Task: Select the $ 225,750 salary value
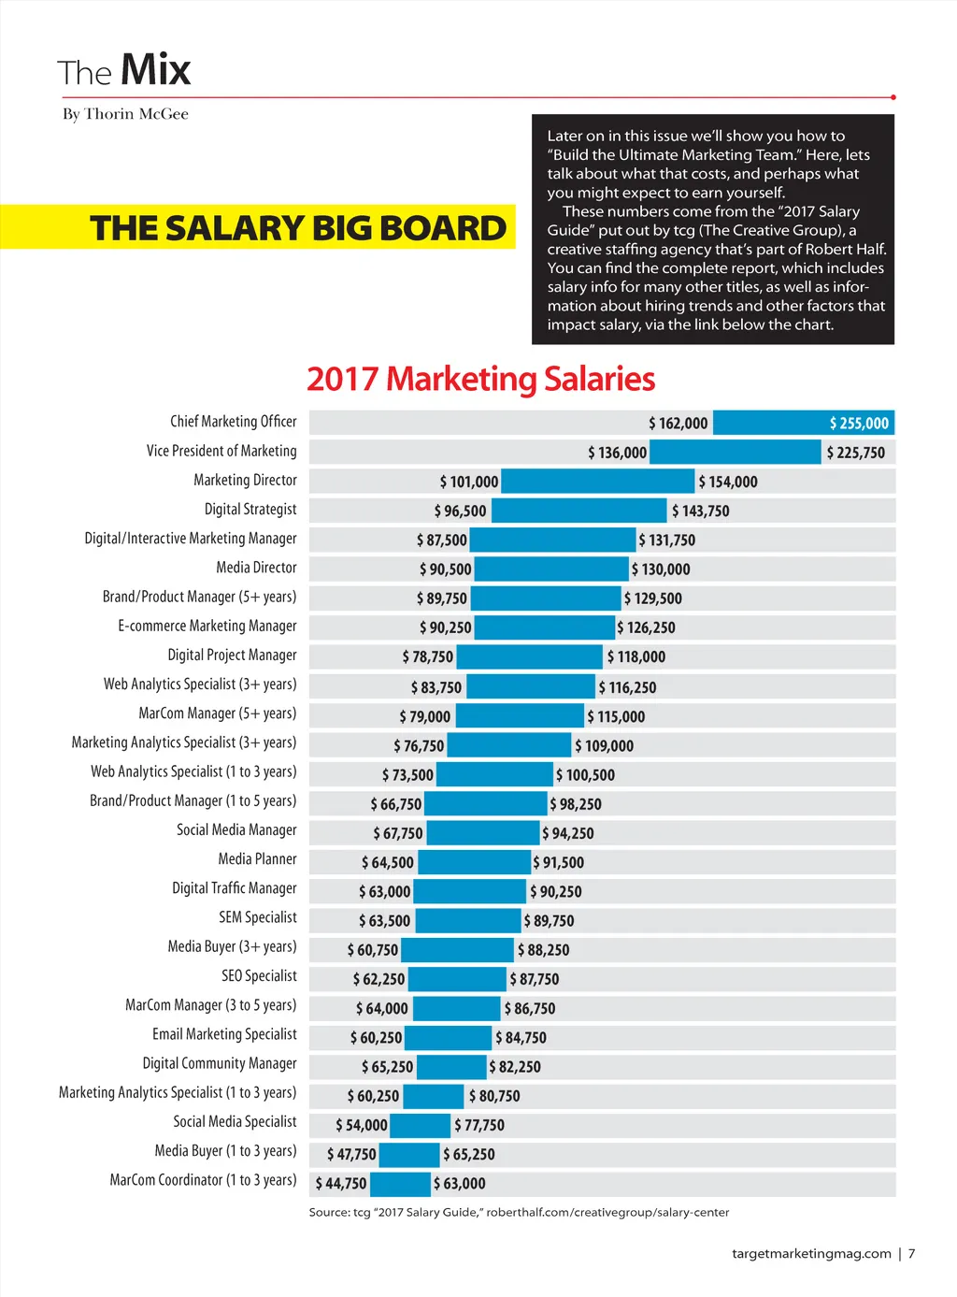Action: [x=855, y=453]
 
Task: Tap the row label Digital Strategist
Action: [x=250, y=509]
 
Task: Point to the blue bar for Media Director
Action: [x=551, y=569]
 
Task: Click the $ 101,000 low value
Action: [x=469, y=482]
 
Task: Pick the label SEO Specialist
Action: [x=259, y=975]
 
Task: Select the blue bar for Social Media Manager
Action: [x=483, y=832]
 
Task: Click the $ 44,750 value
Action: [x=341, y=1183]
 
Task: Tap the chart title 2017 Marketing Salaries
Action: [x=480, y=379]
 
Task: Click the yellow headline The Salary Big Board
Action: [x=297, y=228]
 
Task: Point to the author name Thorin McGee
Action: [x=136, y=114]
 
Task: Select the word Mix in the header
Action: [x=155, y=70]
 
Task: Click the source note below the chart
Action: [x=519, y=1212]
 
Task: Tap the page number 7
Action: [x=911, y=1253]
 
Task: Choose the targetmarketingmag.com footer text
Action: [x=811, y=1253]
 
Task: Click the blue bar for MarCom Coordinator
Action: [x=401, y=1184]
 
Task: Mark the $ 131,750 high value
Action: [x=666, y=540]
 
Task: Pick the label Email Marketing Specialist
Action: [x=224, y=1033]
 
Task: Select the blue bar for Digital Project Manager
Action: [x=530, y=656]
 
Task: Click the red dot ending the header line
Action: [x=893, y=97]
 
